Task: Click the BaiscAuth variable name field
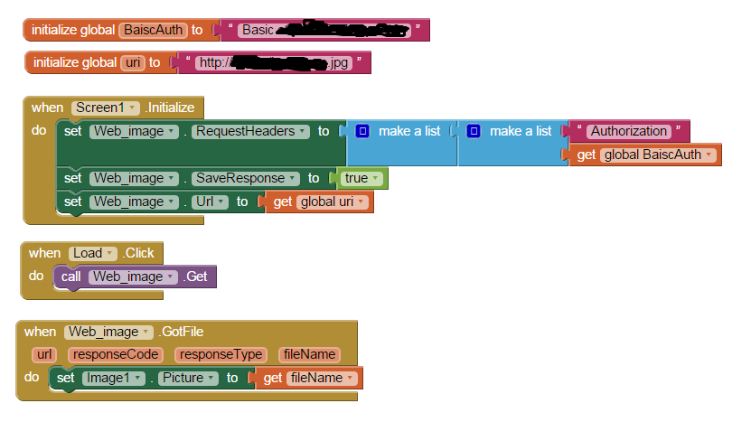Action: [x=152, y=30]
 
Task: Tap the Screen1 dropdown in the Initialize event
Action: [x=105, y=108]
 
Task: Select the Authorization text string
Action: [x=629, y=131]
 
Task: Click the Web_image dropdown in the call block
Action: [x=132, y=277]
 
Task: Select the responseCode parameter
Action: [x=117, y=354]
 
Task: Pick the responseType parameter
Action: [x=221, y=354]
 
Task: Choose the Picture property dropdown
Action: [x=187, y=378]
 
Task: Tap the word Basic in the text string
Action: [x=258, y=30]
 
